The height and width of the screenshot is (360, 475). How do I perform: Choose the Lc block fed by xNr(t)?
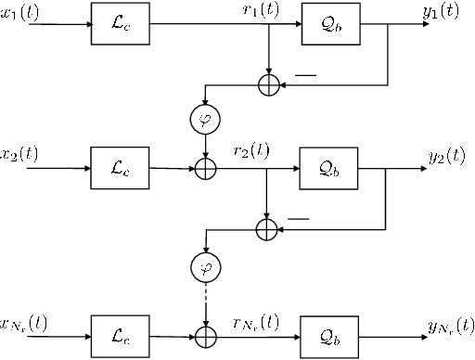(112, 331)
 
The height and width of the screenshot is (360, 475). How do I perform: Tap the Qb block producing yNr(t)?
(324, 331)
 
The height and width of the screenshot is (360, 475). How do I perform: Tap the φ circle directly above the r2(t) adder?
(203, 120)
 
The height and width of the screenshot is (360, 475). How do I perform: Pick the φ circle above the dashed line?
(203, 269)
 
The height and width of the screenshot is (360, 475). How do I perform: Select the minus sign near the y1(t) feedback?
(303, 72)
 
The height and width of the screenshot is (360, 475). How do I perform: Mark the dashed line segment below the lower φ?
(203, 302)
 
